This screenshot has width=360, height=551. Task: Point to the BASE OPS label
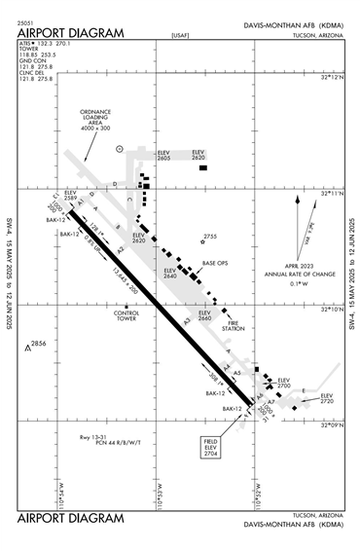coord(214,264)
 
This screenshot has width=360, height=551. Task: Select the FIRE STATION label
coord(233,326)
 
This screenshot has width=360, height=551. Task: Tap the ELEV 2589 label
coord(70,195)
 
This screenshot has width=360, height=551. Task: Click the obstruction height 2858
coord(38,345)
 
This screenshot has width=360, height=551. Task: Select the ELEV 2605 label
coord(164,154)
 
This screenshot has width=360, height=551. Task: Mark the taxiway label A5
coord(236,373)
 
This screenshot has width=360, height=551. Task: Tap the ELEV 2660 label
coord(204,315)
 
